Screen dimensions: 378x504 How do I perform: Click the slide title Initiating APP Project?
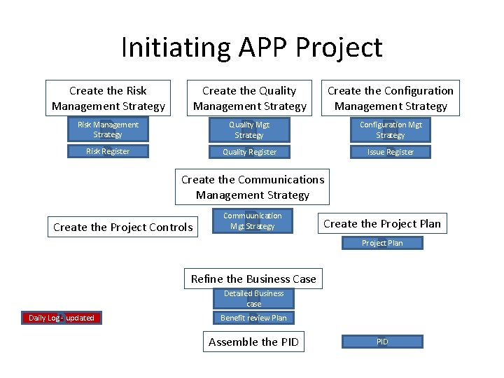(251, 48)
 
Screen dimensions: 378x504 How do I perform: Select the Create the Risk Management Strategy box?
(108, 98)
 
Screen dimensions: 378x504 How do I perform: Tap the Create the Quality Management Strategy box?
(250, 98)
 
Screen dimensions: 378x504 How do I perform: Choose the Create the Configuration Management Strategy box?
(390, 98)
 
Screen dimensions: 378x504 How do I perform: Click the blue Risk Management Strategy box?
(108, 130)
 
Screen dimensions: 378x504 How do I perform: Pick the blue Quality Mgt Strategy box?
(249, 130)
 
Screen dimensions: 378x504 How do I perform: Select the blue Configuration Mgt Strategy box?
(390, 130)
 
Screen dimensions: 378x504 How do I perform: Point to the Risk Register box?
(108, 151)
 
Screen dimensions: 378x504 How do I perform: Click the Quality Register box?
(249, 152)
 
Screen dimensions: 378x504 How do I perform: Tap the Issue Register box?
(390, 152)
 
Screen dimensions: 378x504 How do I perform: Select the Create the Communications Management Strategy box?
(252, 187)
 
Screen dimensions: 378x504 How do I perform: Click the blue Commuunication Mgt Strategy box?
(252, 221)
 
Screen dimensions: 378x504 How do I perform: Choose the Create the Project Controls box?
(122, 227)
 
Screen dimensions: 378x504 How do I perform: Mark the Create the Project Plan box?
(381, 223)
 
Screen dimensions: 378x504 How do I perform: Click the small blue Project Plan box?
(381, 243)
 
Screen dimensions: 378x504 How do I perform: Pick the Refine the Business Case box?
(253, 279)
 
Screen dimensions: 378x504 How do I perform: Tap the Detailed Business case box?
(253, 299)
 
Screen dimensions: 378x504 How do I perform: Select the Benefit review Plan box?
(253, 318)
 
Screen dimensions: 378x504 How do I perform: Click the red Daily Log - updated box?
(61, 318)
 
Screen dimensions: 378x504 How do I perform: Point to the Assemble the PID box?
(253, 342)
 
